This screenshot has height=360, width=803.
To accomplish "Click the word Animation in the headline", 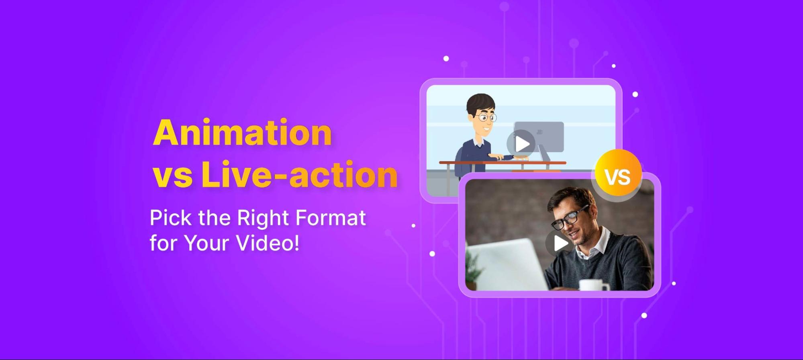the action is [x=242, y=132].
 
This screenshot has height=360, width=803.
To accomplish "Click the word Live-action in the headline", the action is [x=299, y=174].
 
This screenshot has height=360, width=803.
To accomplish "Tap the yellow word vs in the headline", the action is [x=172, y=177].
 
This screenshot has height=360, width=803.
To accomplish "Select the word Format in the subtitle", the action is [x=330, y=218].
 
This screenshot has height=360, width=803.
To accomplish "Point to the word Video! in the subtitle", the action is [x=268, y=243].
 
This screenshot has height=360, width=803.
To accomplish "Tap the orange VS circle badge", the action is [x=618, y=173].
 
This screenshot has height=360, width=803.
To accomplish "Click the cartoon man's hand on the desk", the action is [x=505, y=157].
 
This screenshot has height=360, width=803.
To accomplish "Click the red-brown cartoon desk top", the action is [x=503, y=163].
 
